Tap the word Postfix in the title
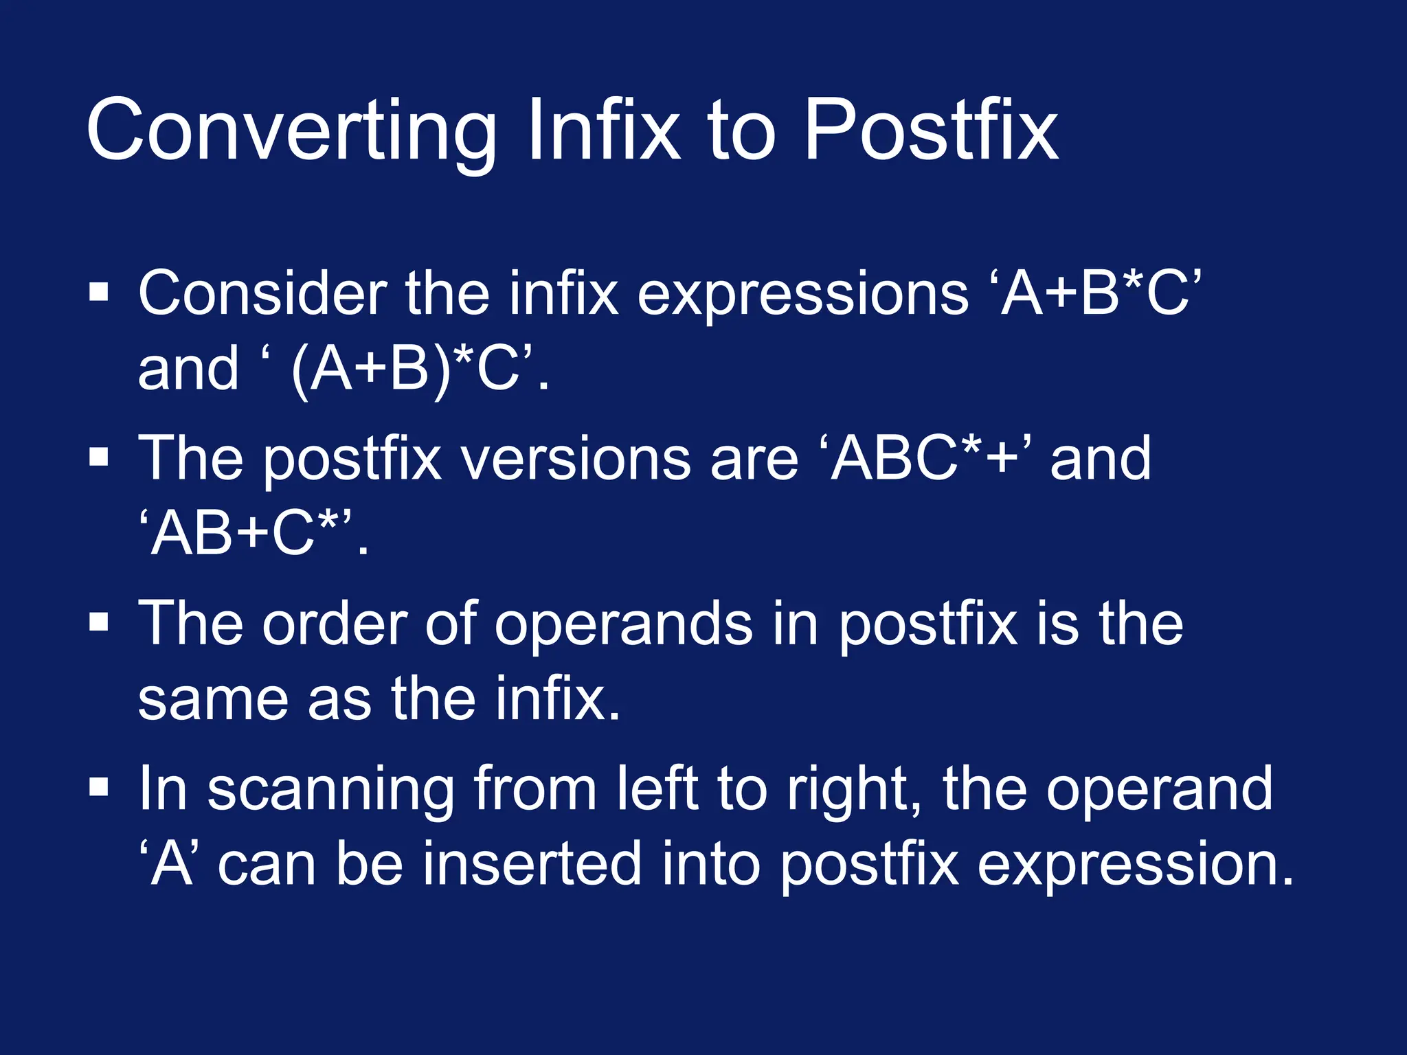(930, 131)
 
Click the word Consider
(262, 294)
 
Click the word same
(213, 699)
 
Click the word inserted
(532, 864)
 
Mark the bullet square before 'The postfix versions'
(99, 457)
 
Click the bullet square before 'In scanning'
(99, 786)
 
